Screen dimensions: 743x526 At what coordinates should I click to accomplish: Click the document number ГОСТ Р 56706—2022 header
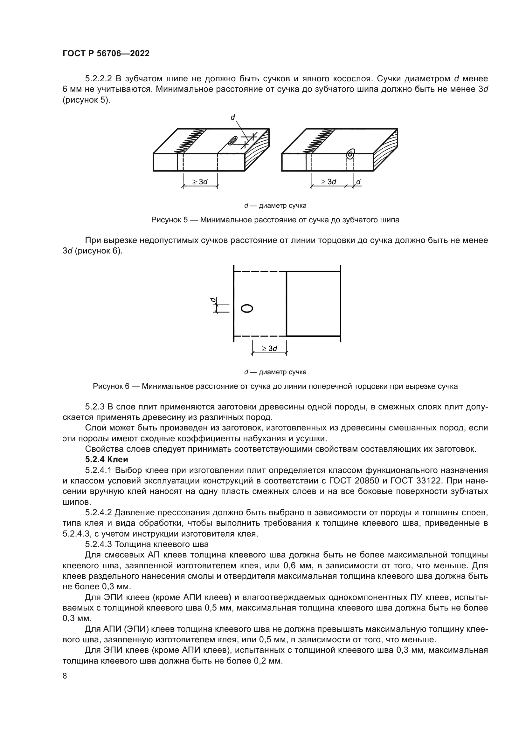(106, 54)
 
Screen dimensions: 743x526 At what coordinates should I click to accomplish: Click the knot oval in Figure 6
(247, 308)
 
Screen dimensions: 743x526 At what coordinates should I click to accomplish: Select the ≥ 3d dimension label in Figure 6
(269, 348)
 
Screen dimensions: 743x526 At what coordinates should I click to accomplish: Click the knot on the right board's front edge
(350, 154)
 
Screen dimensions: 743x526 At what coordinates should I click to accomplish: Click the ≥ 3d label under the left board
(200, 182)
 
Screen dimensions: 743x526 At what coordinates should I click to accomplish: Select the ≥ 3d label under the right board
(329, 182)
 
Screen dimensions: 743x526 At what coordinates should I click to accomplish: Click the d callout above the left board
(232, 118)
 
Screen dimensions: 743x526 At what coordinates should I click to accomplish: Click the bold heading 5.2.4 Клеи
(106, 460)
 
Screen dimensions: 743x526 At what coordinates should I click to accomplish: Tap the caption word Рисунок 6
(111, 386)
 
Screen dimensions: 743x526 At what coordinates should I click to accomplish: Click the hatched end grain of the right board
(385, 150)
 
